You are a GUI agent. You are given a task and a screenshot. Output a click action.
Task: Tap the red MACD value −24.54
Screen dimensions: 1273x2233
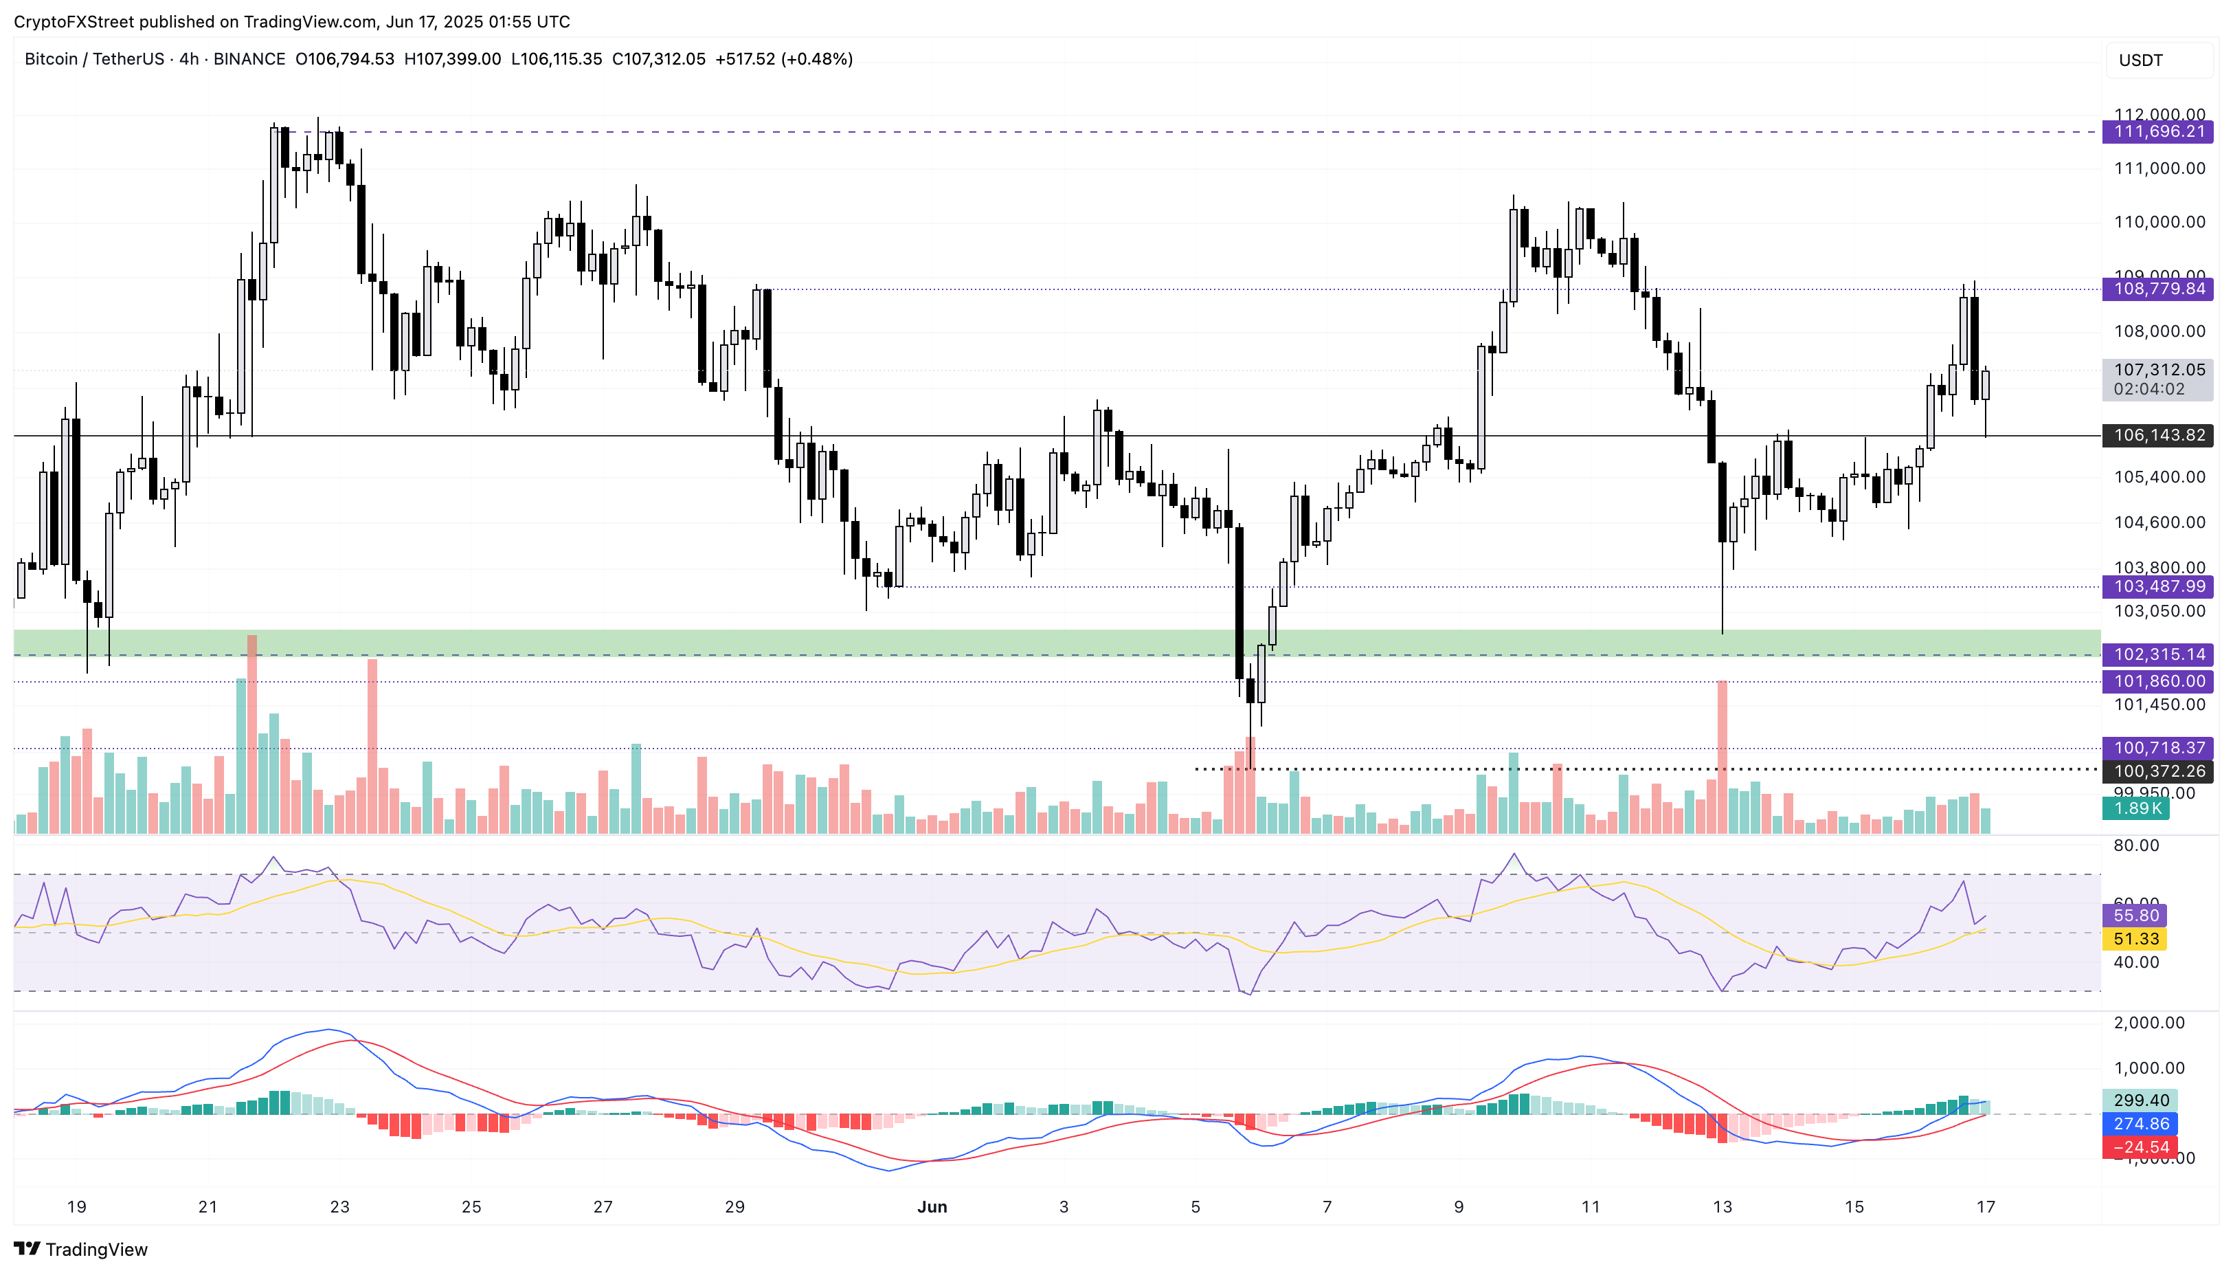[2140, 1147]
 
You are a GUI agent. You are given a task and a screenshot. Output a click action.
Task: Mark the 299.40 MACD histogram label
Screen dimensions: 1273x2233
[2140, 1100]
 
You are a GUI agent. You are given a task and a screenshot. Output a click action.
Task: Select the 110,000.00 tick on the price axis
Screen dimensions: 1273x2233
[2159, 222]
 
